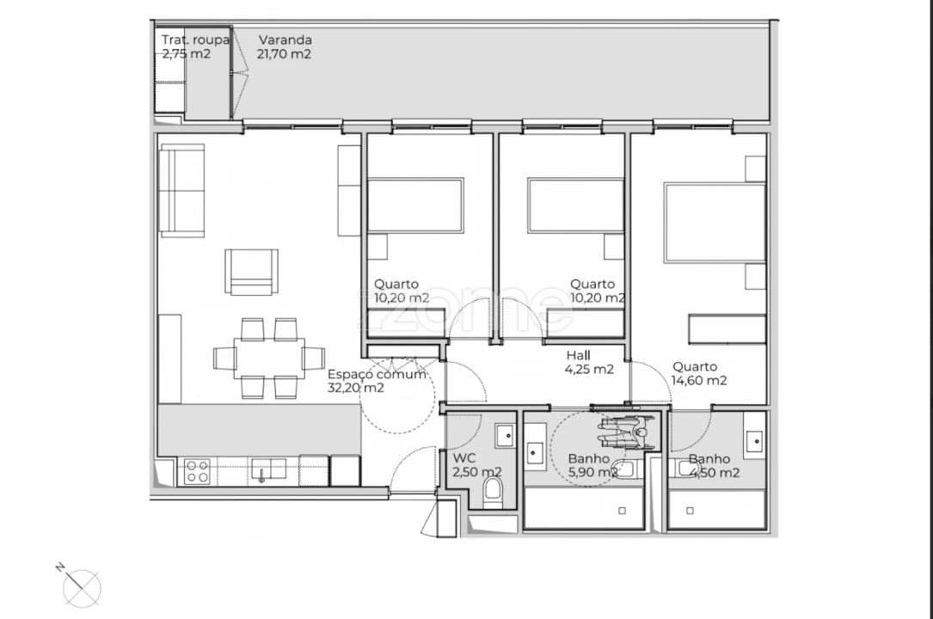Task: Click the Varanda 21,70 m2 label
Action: [285, 46]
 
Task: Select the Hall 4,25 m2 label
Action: [589, 363]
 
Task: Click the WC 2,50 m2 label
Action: [477, 465]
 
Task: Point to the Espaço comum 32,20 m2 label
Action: [377, 381]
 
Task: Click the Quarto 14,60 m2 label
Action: [699, 374]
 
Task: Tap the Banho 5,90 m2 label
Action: [592, 465]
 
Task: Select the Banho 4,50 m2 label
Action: [714, 465]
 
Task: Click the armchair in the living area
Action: [252, 272]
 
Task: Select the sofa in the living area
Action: [182, 190]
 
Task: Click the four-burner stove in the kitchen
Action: [197, 471]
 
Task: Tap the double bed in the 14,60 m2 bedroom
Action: [714, 223]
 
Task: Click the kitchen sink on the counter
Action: [267, 469]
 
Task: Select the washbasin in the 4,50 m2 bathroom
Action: [753, 441]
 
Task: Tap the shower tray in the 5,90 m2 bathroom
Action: [583, 509]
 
